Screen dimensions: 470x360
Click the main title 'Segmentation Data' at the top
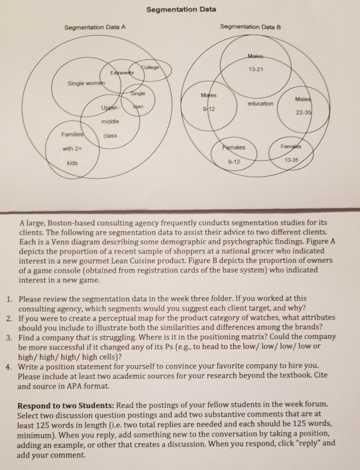[x=181, y=10]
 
